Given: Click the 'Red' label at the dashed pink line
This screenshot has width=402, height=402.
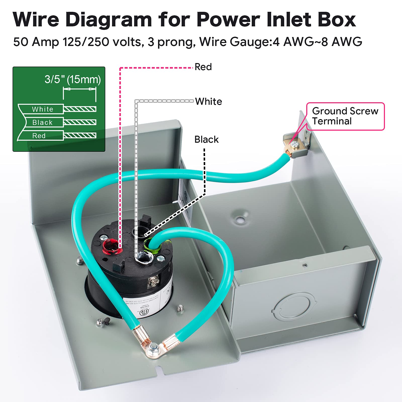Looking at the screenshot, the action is click(203, 67).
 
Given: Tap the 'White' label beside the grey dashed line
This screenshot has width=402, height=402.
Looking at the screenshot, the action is click(209, 102).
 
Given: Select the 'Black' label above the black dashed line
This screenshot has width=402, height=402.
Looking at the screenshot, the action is click(206, 139).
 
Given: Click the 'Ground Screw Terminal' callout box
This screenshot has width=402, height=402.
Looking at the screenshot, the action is click(345, 116).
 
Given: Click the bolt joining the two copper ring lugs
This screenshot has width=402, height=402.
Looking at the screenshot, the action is click(153, 347).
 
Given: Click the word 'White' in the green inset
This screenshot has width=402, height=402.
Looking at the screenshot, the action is click(42, 109).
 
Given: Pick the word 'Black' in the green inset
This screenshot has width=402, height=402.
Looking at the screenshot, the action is click(42, 122).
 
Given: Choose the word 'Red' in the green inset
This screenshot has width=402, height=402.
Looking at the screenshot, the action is click(39, 136).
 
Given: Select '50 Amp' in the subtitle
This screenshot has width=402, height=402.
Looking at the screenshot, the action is click(36, 42).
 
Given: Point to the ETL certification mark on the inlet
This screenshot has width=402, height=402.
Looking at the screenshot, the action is click(145, 312).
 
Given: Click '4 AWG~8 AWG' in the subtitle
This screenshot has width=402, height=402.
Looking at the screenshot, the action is click(317, 42).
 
